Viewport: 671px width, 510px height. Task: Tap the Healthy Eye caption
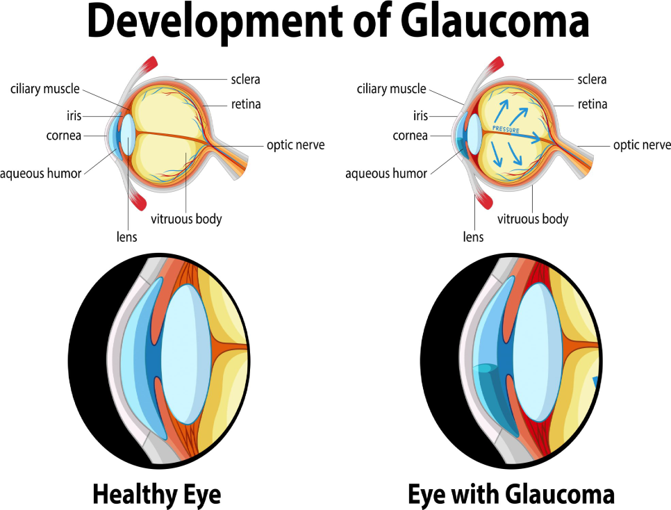pos(156,494)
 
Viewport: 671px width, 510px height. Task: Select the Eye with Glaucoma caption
pos(511,494)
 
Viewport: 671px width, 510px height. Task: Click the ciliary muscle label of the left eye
pos(45,89)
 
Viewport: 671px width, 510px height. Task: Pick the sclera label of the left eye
pos(245,80)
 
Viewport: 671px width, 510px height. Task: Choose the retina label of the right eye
pos(593,105)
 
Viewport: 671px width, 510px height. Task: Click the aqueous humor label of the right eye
pos(386,174)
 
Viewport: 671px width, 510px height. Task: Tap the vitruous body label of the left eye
pos(186,219)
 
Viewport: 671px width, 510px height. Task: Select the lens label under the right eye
pos(473,237)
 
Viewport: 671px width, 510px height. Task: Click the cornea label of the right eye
pos(410,135)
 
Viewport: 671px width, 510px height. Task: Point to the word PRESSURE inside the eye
pos(506,129)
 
